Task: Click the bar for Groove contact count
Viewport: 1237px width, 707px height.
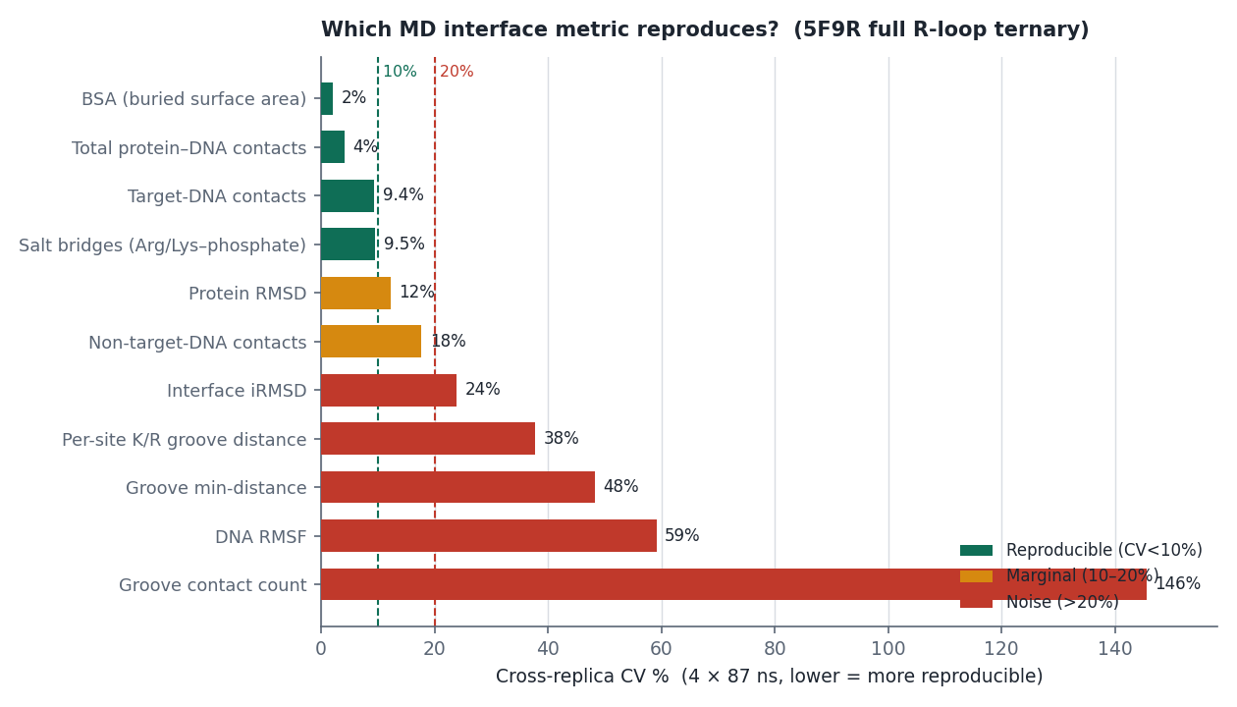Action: pyautogui.click(x=733, y=584)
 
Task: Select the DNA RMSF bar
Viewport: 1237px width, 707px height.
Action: pyautogui.click(x=489, y=535)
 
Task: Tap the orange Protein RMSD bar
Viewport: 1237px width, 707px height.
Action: pyautogui.click(x=355, y=293)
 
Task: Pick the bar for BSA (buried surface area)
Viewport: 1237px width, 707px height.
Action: pyautogui.click(x=327, y=99)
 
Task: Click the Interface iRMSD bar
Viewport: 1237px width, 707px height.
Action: pyautogui.click(x=389, y=390)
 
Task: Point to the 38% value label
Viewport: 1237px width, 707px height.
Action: pyautogui.click(x=562, y=438)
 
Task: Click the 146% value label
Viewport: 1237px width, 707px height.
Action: pyautogui.click(x=1178, y=583)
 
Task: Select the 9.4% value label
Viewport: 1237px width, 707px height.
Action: pyautogui.click(x=403, y=194)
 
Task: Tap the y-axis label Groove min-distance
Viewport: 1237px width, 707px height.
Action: pyautogui.click(x=216, y=488)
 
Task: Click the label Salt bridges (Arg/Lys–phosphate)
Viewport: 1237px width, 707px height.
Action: pyautogui.click(x=162, y=245)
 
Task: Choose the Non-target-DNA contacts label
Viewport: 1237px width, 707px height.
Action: pyautogui.click(x=197, y=343)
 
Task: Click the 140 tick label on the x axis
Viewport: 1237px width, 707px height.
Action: pyautogui.click(x=1115, y=648)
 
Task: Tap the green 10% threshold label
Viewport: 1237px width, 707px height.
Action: pyautogui.click(x=400, y=72)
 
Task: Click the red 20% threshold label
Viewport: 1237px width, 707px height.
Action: pyautogui.click(x=457, y=72)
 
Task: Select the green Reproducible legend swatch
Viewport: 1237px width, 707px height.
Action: pyautogui.click(x=976, y=550)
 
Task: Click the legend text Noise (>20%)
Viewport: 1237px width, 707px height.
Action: pyautogui.click(x=1062, y=602)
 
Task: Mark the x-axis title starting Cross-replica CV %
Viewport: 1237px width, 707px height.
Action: pyautogui.click(x=770, y=676)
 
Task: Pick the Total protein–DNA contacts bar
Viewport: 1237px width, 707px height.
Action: pyautogui.click(x=333, y=147)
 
